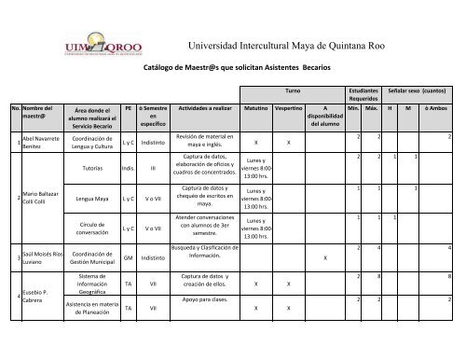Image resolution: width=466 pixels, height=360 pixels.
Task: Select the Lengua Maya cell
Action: coord(92,199)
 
